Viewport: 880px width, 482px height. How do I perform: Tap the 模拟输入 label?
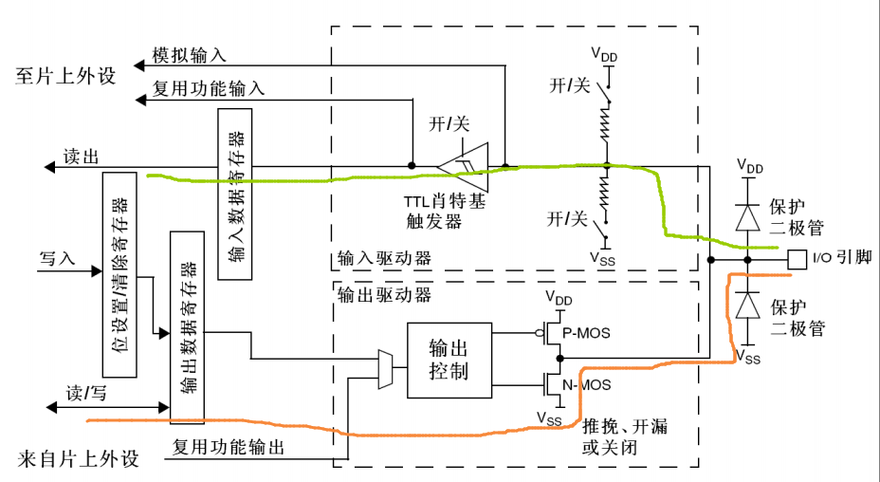[x=194, y=57]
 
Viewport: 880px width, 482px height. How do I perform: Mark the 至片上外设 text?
[x=65, y=77]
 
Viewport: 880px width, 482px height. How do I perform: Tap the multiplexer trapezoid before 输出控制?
[x=384, y=368]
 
